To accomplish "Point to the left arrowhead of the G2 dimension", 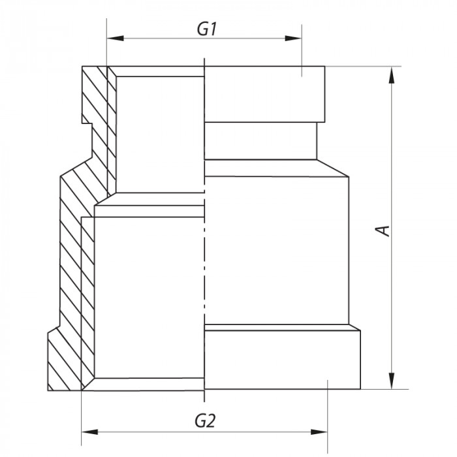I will tap(87, 432).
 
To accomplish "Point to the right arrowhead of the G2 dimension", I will tap(322, 432).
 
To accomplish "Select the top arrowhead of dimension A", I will tap(392, 73).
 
